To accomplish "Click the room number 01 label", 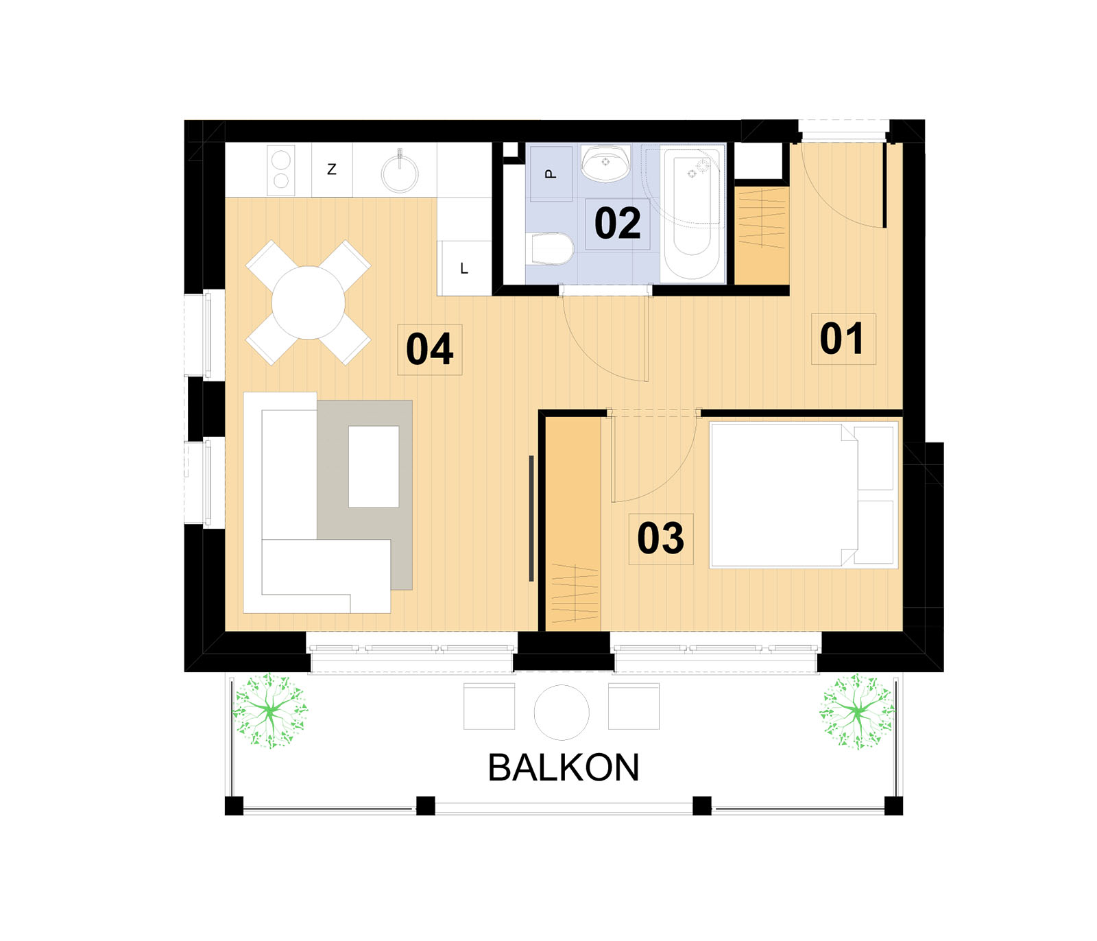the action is tap(842, 338).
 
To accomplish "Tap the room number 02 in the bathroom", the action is tap(617, 223).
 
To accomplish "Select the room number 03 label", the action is tap(660, 538).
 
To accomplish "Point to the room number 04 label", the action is tap(429, 349).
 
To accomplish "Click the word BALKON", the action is tap(563, 767).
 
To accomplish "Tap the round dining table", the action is tap(308, 302).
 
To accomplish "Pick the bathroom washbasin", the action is tap(605, 163).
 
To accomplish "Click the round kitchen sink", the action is tap(400, 172).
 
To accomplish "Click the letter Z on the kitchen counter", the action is tap(332, 169).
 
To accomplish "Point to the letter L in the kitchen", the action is tap(464, 268).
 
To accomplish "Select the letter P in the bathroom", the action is tap(551, 174).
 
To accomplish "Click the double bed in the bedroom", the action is tap(804, 495).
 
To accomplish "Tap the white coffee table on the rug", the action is tap(374, 466).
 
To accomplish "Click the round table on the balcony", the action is tap(562, 712).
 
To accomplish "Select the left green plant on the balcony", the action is tap(269, 711).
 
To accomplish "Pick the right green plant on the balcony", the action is tap(857, 711).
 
